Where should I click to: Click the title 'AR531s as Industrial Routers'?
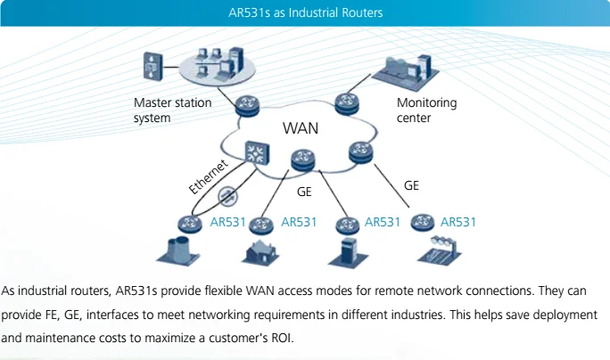coord(305,12)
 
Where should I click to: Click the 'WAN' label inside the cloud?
coord(300,128)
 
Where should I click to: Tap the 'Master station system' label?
coord(173,110)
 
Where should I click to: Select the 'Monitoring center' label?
coord(426,110)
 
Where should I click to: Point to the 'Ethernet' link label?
coord(210,175)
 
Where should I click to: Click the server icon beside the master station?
coord(152,64)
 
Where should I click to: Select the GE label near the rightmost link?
coord(411,185)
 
